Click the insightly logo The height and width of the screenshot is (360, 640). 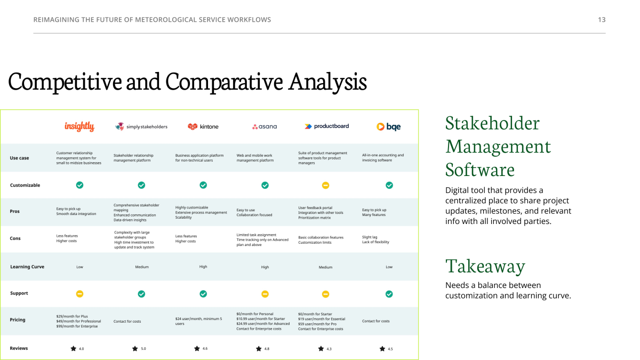79,126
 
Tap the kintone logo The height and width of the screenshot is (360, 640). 203,126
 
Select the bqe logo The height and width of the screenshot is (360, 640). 389,126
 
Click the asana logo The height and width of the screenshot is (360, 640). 265,126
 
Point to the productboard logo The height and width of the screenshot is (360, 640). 326,126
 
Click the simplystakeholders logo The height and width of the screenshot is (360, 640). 141,126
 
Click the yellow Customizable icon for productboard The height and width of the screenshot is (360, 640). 325,186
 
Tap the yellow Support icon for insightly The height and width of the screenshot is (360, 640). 79,294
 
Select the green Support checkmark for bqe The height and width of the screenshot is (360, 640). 389,294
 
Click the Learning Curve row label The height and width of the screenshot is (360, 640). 27,267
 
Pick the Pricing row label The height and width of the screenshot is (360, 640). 18,319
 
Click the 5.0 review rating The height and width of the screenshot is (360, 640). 143,349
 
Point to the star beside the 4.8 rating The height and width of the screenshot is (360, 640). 259,349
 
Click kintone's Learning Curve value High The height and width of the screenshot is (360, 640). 203,267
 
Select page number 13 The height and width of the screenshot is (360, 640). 602,20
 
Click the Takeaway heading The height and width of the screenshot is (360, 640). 485,266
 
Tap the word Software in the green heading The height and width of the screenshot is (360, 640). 480,170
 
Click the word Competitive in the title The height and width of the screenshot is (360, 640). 65,82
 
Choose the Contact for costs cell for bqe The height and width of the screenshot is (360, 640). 375,321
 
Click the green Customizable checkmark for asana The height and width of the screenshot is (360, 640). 265,186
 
